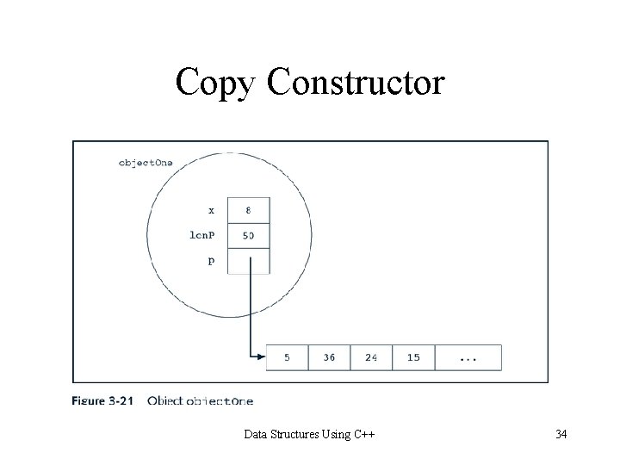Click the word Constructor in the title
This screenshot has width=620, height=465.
(356, 83)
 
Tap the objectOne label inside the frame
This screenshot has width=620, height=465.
(146, 163)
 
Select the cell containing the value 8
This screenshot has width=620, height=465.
(248, 209)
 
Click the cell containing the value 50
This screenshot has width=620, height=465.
(248, 235)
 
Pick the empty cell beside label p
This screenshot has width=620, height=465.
(248, 260)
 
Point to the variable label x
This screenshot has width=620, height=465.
(212, 209)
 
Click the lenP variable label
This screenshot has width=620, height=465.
(203, 235)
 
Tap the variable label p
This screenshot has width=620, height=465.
(212, 261)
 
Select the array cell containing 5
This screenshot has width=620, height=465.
(287, 357)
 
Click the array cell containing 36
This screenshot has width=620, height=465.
(329, 357)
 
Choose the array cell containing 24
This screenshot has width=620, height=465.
(371, 357)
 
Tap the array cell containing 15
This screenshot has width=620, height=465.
(413, 357)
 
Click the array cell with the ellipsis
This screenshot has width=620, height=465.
(468, 357)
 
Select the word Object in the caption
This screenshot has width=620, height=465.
(165, 400)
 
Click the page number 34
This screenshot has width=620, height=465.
(561, 434)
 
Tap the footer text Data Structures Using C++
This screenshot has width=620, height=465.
(310, 434)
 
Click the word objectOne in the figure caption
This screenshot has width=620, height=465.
(220, 400)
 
